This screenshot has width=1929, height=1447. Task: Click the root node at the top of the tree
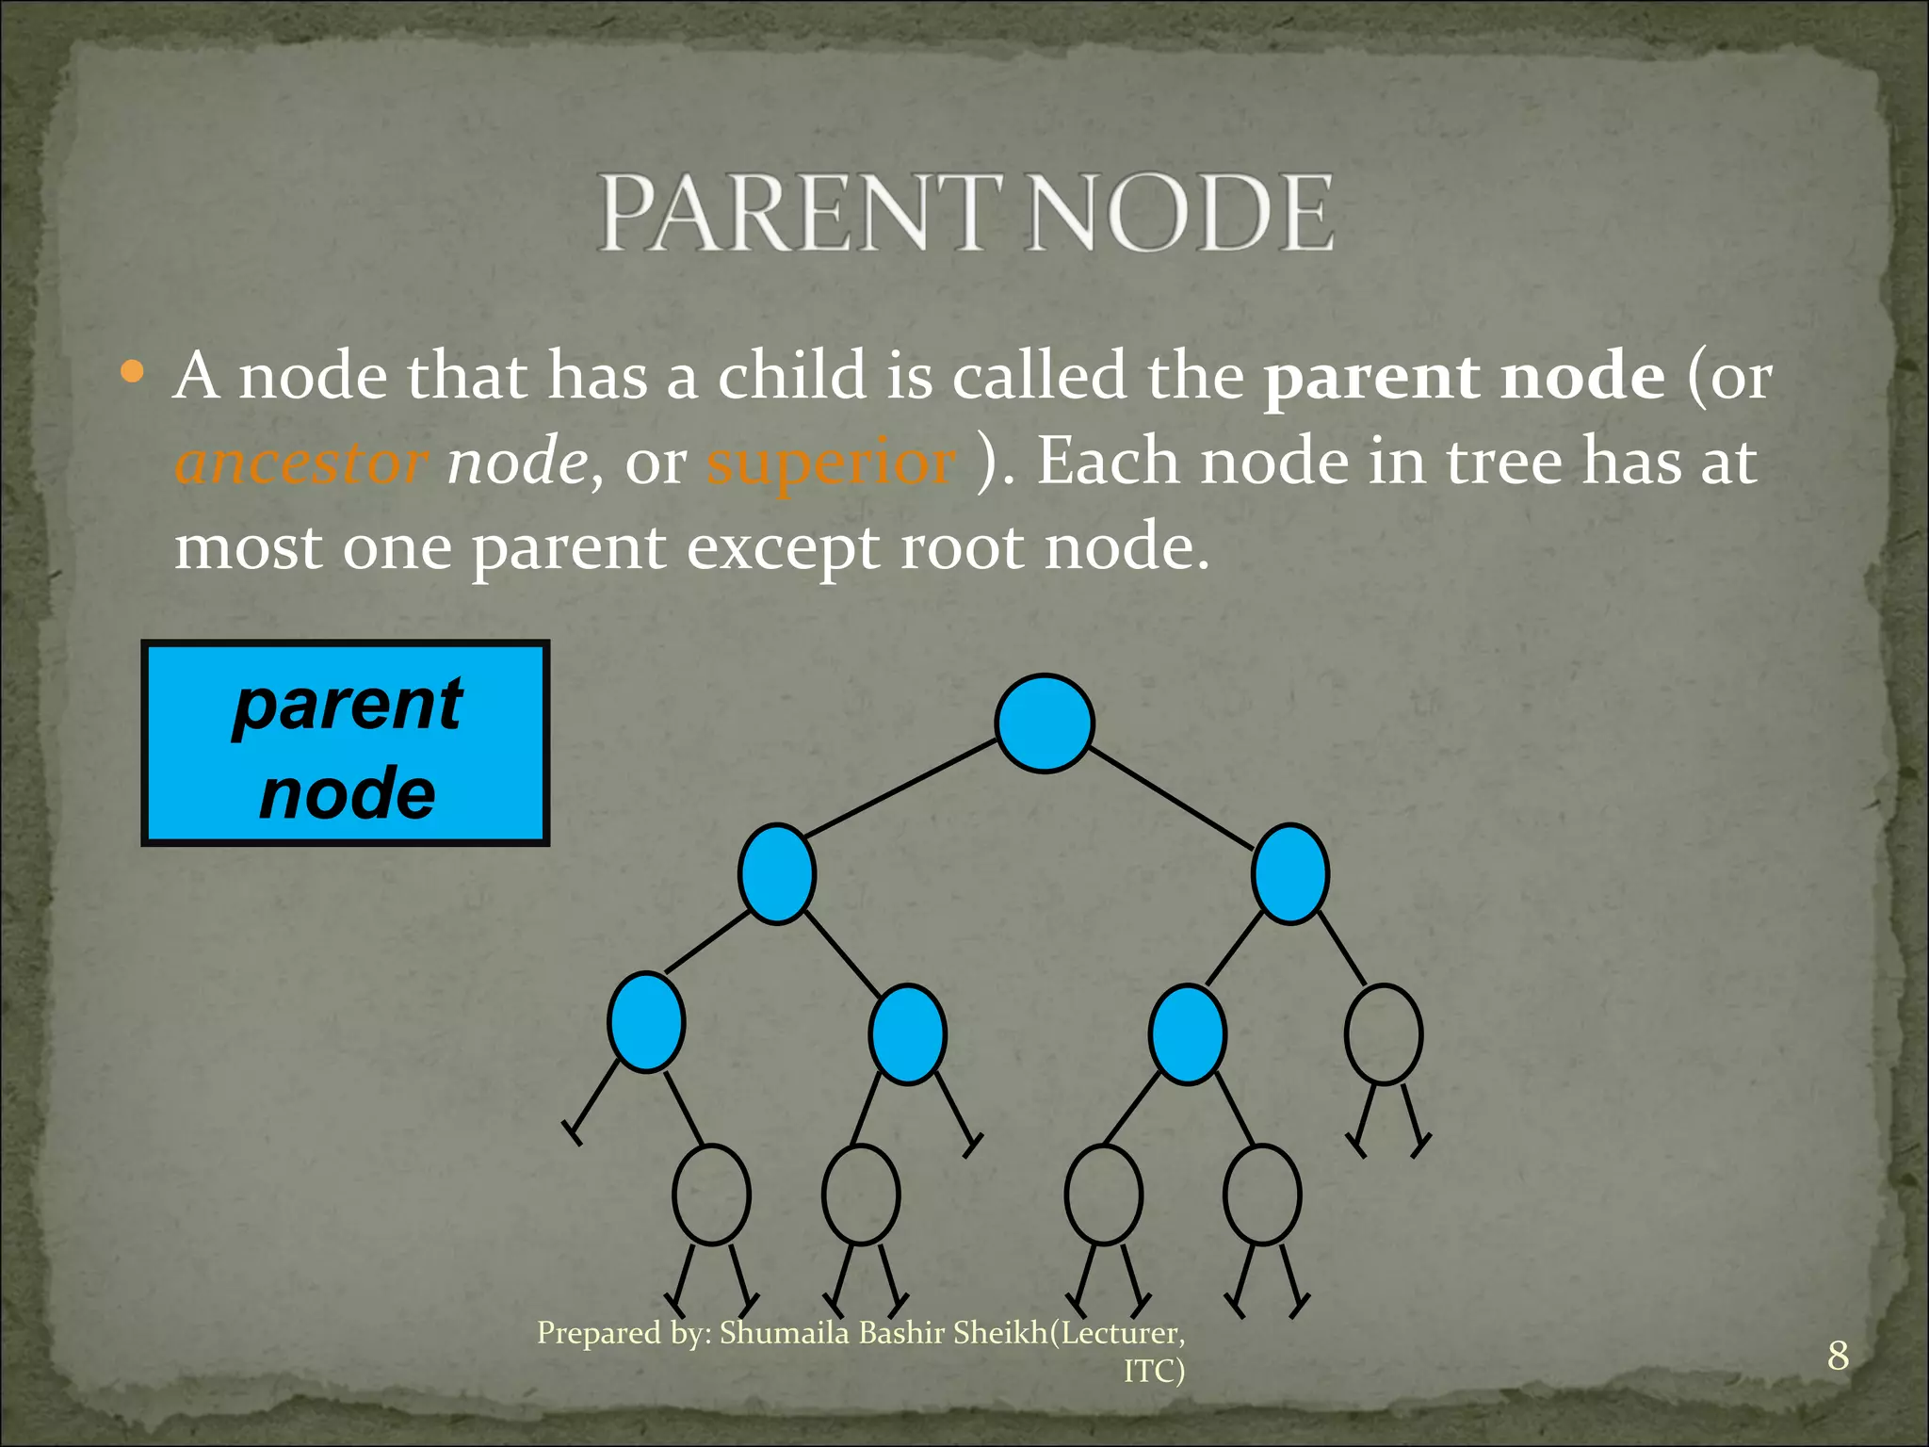(1044, 723)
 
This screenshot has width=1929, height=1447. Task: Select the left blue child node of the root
(777, 873)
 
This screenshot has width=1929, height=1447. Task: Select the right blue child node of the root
(1289, 873)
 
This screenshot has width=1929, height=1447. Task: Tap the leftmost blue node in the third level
(646, 1022)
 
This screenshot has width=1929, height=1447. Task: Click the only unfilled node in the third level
(1384, 1034)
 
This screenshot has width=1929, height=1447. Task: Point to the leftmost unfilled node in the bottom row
(711, 1195)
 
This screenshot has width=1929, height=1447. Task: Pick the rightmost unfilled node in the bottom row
(1262, 1195)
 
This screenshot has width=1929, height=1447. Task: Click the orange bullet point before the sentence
(133, 372)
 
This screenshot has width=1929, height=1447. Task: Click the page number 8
(1838, 1356)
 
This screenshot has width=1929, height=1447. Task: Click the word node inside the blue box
(348, 793)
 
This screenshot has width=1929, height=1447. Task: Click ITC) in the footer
(1154, 1371)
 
